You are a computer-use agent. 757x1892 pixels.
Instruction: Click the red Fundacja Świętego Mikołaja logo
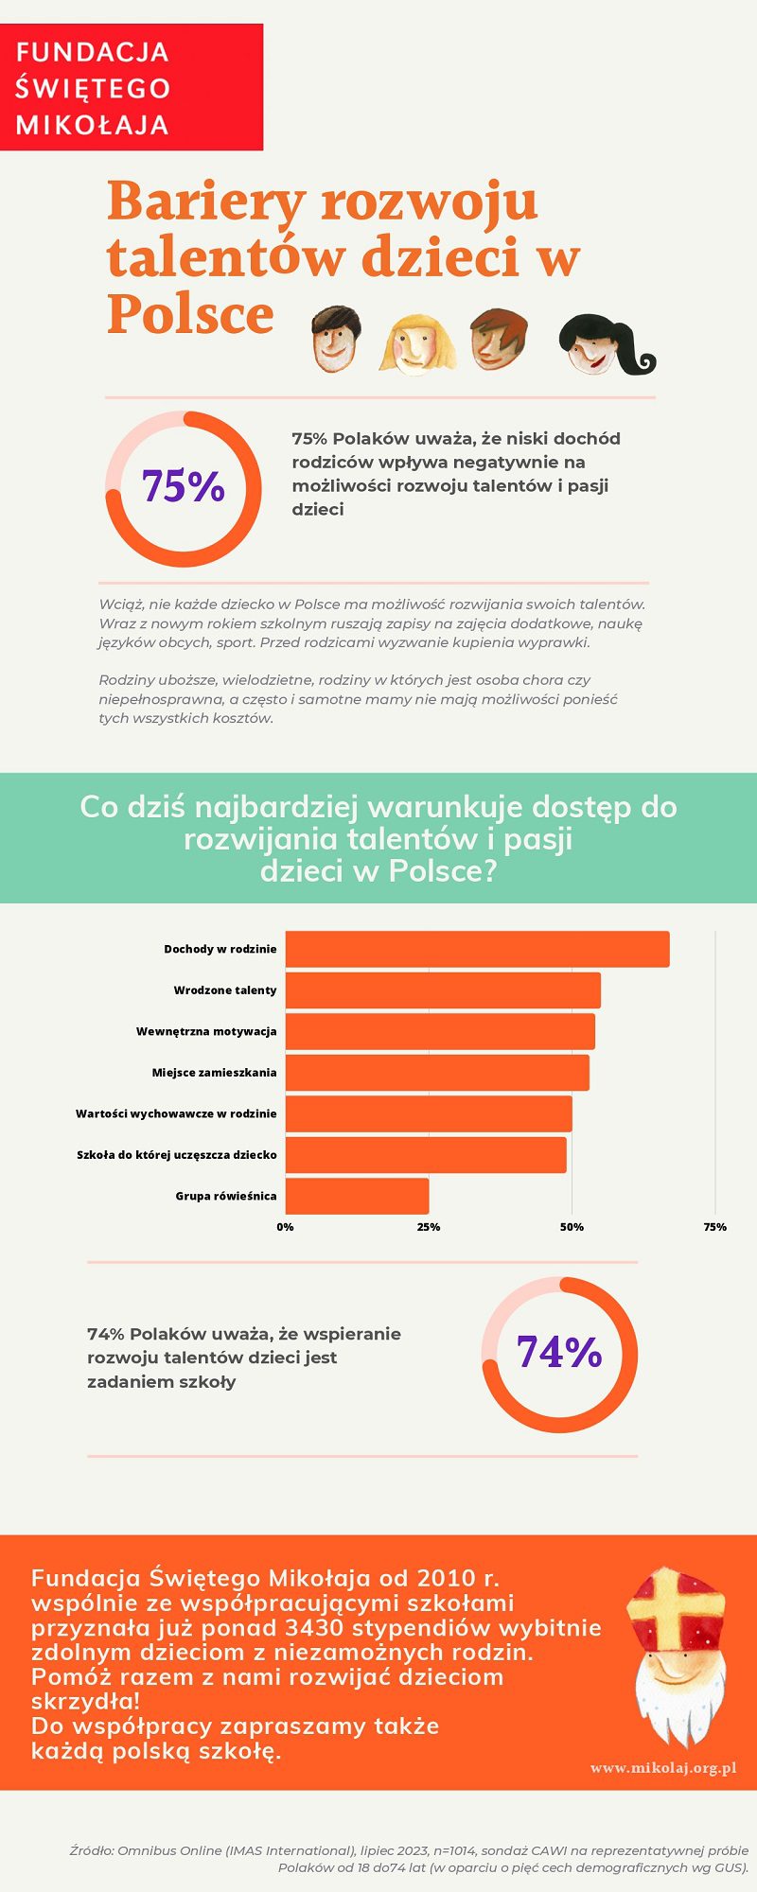131,87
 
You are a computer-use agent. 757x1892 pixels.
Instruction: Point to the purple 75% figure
184,486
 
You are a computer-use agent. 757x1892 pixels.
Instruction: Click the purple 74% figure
559,1353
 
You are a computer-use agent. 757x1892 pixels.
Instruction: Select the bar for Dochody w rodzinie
477,949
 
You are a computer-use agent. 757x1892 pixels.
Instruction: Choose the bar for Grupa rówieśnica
357,1196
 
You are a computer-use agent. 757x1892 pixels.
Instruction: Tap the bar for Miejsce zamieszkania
437,1073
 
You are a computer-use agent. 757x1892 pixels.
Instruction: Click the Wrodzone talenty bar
443,990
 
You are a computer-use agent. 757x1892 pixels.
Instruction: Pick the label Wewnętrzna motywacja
206,1031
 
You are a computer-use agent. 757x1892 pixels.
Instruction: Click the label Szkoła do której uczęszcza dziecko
177,1155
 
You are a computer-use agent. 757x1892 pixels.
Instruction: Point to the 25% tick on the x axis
429,1227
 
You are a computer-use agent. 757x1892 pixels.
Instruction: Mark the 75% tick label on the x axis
715,1227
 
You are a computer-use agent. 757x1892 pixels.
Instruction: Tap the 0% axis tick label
285,1227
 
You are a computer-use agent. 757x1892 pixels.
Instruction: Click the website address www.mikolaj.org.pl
663,1768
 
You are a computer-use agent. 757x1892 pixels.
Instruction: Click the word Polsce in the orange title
190,314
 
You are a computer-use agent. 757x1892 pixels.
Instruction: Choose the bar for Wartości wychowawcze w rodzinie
429,1113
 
